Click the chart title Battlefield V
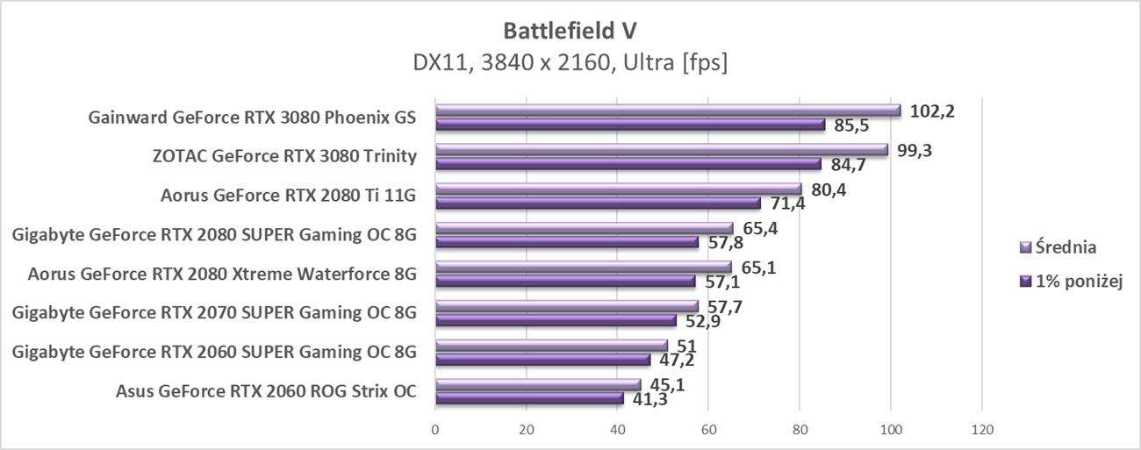[570, 31]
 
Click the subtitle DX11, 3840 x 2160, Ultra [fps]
[570, 63]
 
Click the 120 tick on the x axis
[981, 430]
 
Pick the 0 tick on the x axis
[435, 430]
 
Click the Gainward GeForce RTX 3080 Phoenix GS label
[252, 118]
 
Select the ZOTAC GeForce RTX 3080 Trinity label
[283, 156]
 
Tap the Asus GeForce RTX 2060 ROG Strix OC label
[265, 391]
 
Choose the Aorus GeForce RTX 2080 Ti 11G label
[288, 196]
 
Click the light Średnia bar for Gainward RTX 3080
[668, 111]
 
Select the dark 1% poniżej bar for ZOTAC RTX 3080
[628, 163]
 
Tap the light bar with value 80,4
[618, 189]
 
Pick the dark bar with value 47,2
[542, 360]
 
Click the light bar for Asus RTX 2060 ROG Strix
[538, 384]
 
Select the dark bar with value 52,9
[556, 320]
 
